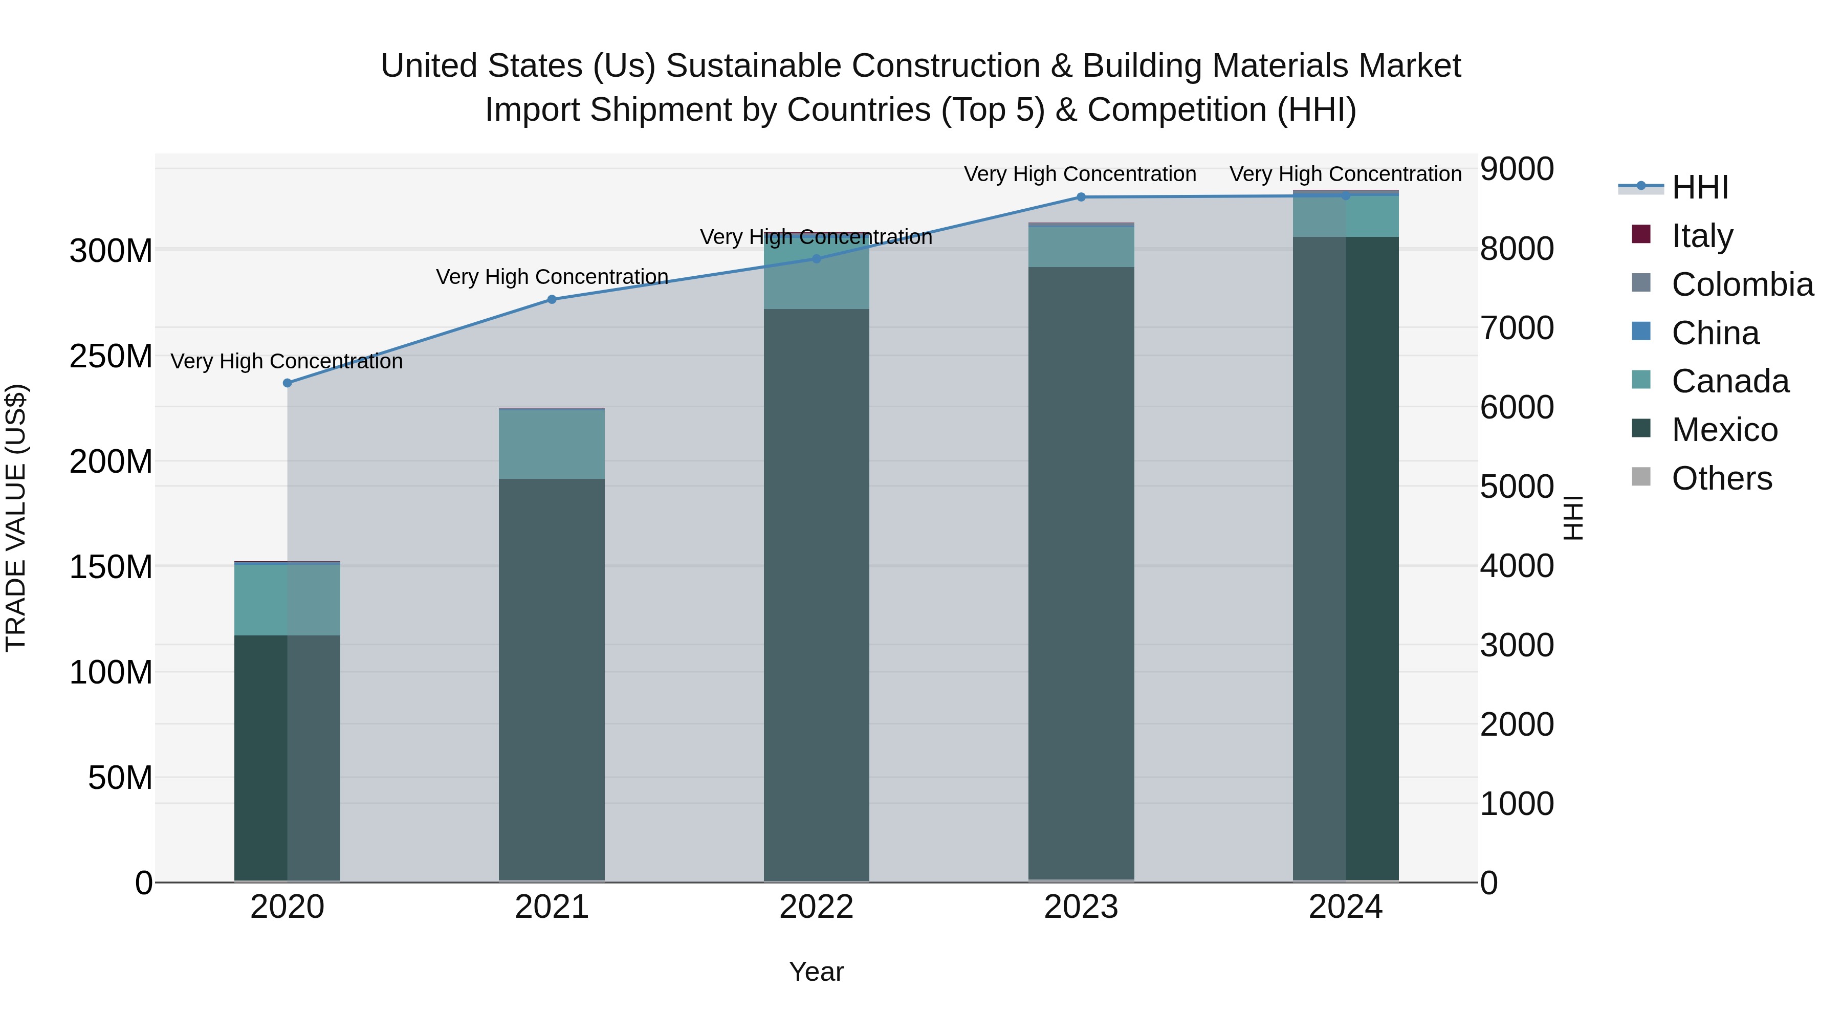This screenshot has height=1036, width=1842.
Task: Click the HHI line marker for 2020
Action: click(288, 383)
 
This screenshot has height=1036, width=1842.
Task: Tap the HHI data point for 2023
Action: click(1081, 197)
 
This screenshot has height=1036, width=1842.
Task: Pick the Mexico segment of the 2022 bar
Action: click(816, 593)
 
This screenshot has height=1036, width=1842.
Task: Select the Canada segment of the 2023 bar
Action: click(1081, 247)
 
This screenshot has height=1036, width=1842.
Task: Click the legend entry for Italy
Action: click(1702, 235)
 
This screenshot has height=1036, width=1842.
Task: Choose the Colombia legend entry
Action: click(1742, 284)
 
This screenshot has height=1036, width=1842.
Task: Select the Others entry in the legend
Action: click(1721, 478)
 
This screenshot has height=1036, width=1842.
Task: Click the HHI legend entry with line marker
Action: click(1673, 187)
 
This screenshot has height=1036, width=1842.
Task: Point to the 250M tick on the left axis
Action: click(111, 356)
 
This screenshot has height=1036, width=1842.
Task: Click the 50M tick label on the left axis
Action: click(120, 777)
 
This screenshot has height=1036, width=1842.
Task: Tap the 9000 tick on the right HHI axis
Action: click(1517, 169)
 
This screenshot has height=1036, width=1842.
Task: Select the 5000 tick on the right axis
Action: click(1517, 487)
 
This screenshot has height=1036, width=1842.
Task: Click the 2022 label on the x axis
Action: click(816, 907)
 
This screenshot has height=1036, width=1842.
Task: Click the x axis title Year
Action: click(816, 972)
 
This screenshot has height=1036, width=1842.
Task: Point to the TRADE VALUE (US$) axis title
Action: click(16, 518)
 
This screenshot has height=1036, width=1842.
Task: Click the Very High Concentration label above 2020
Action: click(287, 361)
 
